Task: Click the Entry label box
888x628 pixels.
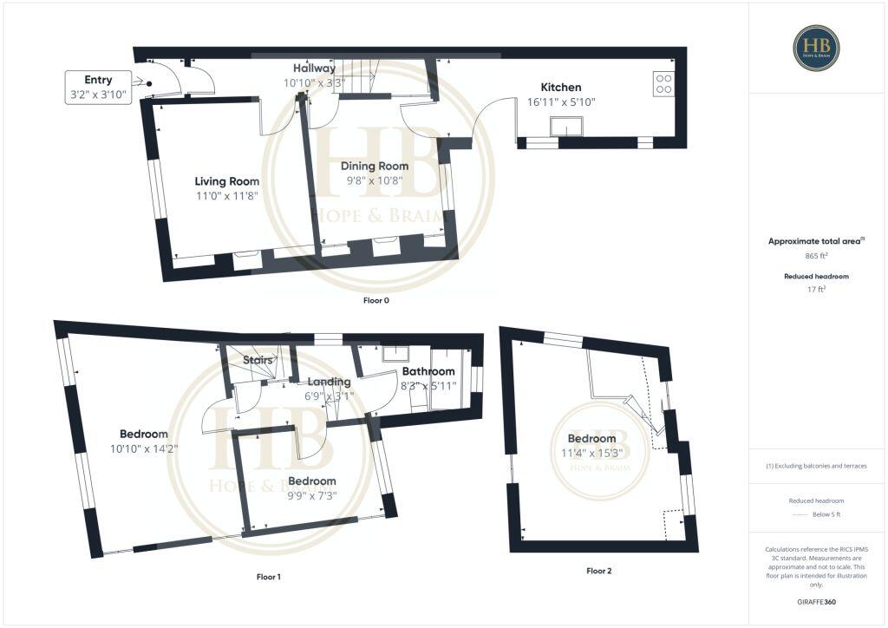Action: [98, 88]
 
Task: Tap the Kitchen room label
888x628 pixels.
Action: [560, 88]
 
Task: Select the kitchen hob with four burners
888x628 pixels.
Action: [663, 82]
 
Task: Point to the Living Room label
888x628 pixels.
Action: [226, 181]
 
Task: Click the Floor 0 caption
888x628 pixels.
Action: [376, 300]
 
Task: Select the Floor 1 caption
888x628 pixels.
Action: [268, 577]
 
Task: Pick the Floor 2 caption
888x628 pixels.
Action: [598, 571]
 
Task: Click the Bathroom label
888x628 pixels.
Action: [428, 372]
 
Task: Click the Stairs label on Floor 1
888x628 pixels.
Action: [258, 359]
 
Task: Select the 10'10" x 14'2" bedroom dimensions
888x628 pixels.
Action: [143, 449]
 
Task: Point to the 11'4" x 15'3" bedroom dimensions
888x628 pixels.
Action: [597, 453]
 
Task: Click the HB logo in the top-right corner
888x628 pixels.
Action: [816, 48]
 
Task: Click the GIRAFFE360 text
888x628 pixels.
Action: [816, 602]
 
